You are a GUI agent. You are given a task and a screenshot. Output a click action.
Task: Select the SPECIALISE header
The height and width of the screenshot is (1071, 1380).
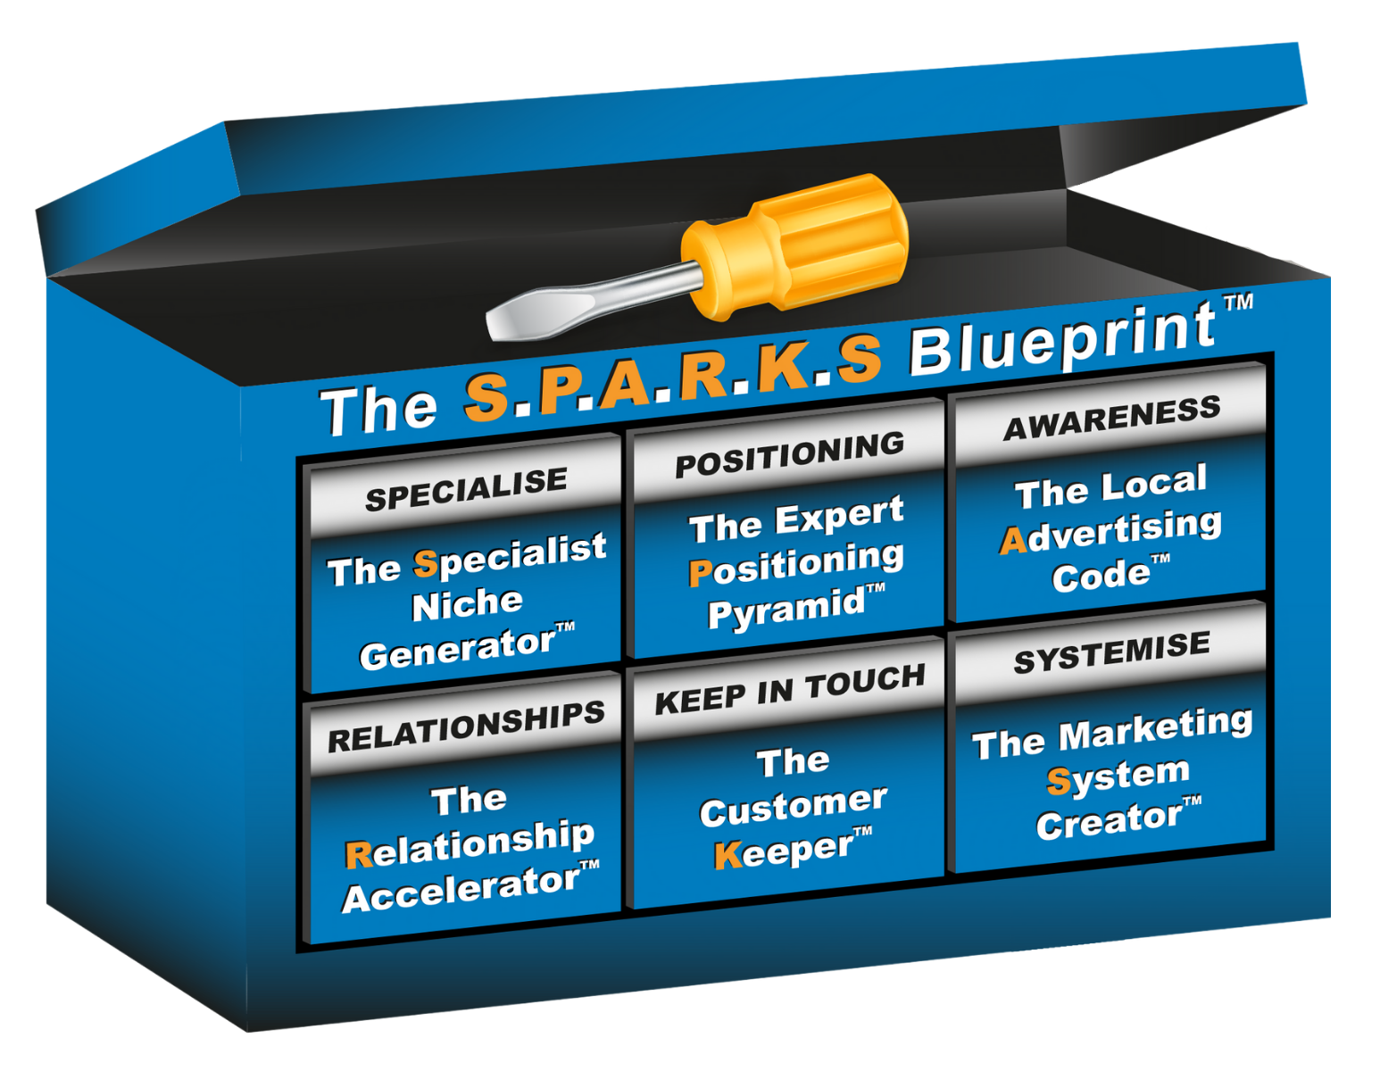(x=466, y=489)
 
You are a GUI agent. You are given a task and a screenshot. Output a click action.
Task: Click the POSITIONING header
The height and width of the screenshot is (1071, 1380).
(x=789, y=453)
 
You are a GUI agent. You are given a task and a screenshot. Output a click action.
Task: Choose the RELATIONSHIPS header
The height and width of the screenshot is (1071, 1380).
(x=466, y=726)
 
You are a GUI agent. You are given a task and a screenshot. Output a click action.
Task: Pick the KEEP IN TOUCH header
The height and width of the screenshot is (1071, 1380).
(x=789, y=689)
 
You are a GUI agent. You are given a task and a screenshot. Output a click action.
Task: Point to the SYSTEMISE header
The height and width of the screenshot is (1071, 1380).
(x=1111, y=652)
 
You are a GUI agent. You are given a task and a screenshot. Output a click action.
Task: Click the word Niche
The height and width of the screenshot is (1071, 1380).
(x=467, y=604)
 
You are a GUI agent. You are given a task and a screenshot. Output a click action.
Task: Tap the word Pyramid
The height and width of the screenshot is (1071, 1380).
(x=786, y=610)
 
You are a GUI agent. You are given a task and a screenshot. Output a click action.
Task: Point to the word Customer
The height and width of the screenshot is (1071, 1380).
(x=793, y=807)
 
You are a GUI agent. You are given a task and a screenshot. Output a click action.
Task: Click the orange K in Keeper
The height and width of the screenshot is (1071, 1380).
(x=728, y=855)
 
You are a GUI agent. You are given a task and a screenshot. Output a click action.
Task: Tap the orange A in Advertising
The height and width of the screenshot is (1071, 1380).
(x=1013, y=541)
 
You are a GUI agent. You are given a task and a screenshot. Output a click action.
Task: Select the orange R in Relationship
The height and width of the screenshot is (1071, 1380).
(x=358, y=855)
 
